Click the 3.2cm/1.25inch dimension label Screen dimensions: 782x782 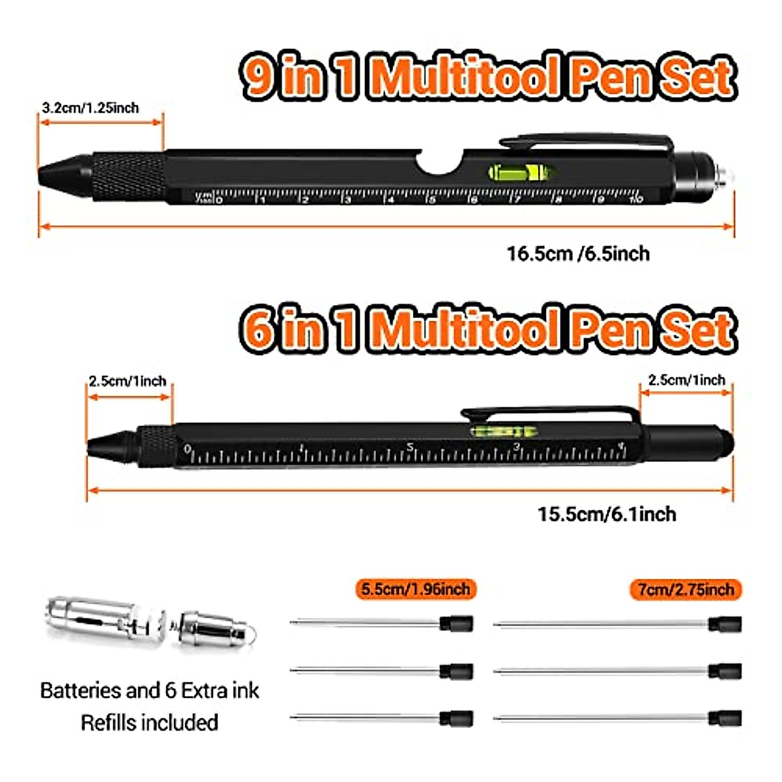tap(91, 108)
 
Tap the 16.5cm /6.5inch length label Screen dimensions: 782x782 tap(578, 253)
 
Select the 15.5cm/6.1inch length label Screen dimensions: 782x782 tap(607, 514)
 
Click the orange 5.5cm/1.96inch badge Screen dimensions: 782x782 tap(416, 589)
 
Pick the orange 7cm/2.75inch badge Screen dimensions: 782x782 tap(686, 590)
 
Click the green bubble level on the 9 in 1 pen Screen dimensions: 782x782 tap(521, 172)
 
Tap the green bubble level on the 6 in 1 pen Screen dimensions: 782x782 tap(506, 431)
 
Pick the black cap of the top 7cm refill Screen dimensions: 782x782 tap(725, 624)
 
